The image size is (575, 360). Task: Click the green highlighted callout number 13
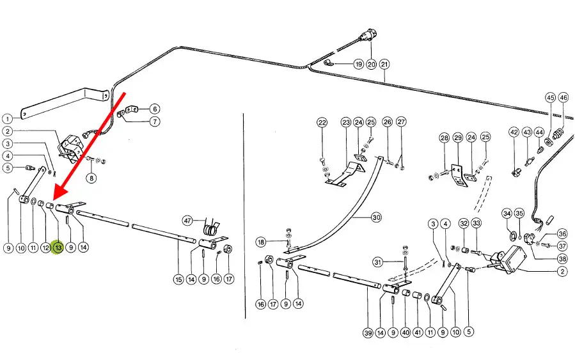click(58, 247)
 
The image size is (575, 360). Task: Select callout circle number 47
click(187, 221)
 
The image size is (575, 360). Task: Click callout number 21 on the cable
click(384, 64)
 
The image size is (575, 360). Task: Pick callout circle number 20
click(371, 64)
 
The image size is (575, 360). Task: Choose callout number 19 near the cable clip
click(358, 64)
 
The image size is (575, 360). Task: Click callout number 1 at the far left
click(6, 118)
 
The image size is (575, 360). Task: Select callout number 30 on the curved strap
click(376, 217)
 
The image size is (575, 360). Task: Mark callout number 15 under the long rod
click(178, 279)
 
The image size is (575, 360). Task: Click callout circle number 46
click(563, 98)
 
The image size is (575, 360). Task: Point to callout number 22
click(322, 122)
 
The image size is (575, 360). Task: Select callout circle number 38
click(562, 258)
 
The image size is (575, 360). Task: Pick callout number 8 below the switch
click(91, 178)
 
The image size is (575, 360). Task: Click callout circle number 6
click(155, 109)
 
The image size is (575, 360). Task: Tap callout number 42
click(514, 132)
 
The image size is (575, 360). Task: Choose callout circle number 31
click(379, 262)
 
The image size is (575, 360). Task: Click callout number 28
click(444, 138)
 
